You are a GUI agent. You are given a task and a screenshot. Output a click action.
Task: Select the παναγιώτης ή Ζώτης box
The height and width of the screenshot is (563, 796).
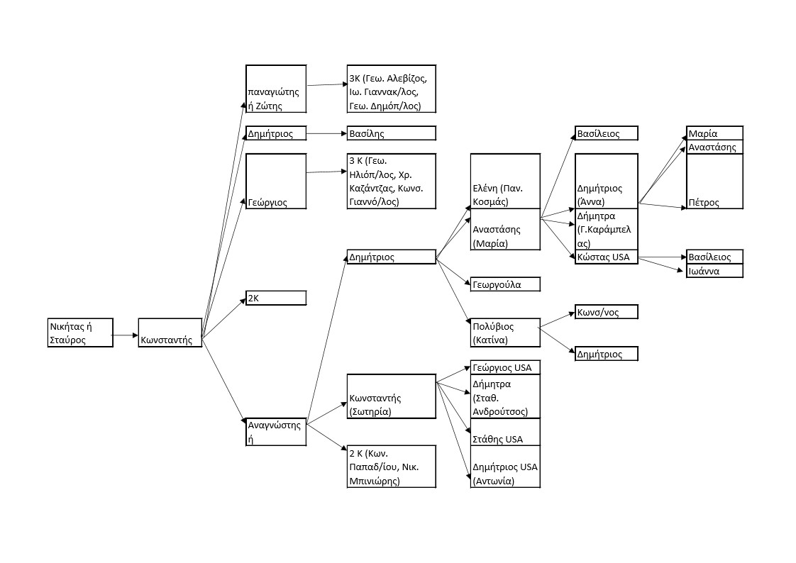pos(276,89)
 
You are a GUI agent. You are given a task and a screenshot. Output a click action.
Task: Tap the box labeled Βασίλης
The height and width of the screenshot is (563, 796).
pos(391,133)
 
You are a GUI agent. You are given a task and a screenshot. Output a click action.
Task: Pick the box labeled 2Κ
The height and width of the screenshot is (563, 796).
pos(276,298)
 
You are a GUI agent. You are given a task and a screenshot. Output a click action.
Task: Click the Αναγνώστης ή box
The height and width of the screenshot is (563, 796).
pos(276,432)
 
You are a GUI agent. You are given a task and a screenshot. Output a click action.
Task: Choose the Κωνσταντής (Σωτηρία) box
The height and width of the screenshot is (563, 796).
pos(391,396)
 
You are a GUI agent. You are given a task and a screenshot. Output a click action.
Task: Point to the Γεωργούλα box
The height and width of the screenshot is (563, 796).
pos(505,284)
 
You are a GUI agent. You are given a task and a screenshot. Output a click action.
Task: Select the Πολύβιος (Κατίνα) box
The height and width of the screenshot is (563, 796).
pos(505,333)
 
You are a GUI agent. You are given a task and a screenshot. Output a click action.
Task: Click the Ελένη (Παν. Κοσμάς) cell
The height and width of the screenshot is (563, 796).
pos(505,182)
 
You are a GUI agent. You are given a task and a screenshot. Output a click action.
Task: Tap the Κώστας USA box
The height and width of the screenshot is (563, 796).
pos(606,257)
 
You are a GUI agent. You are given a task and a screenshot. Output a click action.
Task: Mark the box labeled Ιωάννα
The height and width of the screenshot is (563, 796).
pos(714,271)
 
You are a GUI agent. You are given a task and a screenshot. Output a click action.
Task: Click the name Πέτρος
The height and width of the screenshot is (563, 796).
pos(703,203)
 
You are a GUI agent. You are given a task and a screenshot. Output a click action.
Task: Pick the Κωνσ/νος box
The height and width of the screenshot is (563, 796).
pos(606,312)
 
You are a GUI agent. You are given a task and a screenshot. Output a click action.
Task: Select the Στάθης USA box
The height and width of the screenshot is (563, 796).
pos(505,432)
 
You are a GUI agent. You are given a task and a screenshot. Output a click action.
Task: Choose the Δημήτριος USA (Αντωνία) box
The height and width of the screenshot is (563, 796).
pos(505,474)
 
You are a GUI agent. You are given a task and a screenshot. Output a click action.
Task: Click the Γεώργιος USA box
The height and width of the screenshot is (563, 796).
pos(505,367)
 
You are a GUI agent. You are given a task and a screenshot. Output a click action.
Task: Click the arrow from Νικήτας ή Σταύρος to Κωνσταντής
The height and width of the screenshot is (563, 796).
pos(126,335)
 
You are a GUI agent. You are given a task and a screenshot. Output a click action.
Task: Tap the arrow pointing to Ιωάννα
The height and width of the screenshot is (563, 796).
pos(663,264)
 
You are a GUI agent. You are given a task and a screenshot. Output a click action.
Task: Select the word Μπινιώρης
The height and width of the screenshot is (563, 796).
pos(374,481)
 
